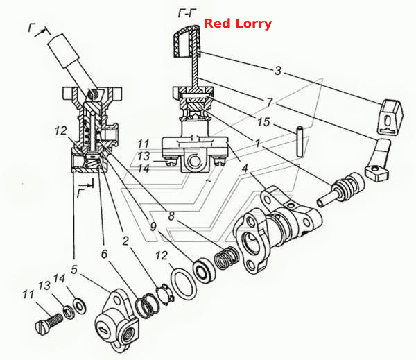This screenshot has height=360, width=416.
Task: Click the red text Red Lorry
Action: pos(238,24)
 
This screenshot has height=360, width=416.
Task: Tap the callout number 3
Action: pos(277,71)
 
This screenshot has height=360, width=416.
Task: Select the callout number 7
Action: pos(270,102)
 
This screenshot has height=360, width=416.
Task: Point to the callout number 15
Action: pos(263,122)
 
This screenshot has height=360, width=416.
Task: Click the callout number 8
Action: pos(171,216)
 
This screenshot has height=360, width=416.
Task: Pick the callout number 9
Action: pos(153,227)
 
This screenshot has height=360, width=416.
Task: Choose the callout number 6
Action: pos(104,254)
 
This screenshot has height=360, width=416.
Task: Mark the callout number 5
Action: pos(74,269)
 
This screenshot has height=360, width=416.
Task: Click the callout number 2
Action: pos(125,241)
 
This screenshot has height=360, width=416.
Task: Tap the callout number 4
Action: pos(244,169)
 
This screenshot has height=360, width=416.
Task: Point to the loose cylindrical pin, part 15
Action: pos(300,142)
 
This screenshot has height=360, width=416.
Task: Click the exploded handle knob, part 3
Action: pos(390,117)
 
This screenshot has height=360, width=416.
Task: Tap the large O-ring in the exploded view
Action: pos(184,284)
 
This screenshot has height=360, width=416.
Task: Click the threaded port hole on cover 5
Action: pos(129,332)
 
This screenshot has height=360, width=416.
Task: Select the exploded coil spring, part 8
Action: pos(225,257)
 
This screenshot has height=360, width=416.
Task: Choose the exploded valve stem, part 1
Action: pos(340,190)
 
